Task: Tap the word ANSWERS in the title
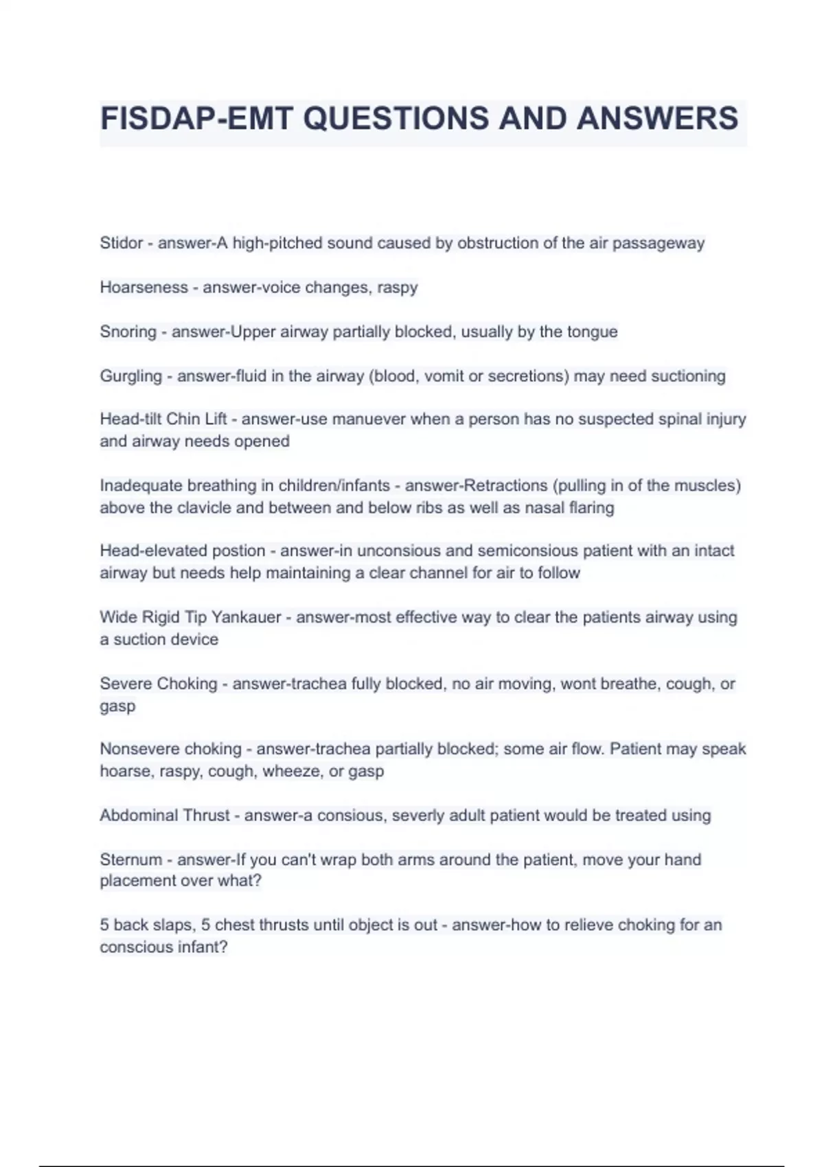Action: click(657, 118)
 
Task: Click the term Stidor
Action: click(122, 243)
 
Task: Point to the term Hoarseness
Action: click(144, 287)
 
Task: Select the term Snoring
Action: click(128, 332)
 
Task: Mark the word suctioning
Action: click(688, 376)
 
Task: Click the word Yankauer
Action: click(247, 617)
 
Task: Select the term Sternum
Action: click(130, 859)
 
